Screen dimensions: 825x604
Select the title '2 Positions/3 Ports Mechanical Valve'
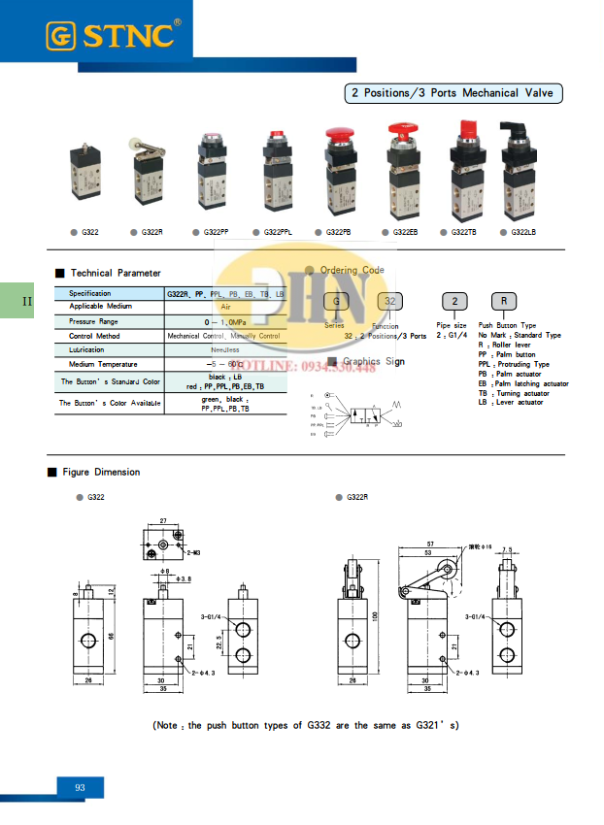click(x=453, y=94)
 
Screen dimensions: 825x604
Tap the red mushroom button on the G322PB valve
click(x=339, y=134)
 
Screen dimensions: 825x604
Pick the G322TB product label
click(x=464, y=232)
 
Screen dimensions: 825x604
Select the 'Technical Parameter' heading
click(x=116, y=273)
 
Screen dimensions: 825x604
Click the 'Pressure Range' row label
click(x=93, y=320)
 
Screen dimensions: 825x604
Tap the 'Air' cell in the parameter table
click(x=225, y=307)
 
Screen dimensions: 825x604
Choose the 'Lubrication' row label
click(x=86, y=349)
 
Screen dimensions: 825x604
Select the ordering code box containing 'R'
click(x=504, y=301)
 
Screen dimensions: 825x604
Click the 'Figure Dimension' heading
click(x=101, y=472)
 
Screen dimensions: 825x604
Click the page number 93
click(x=80, y=787)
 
